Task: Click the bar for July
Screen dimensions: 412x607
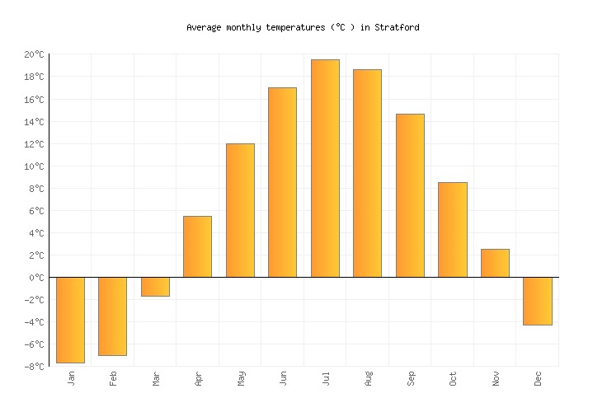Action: (325, 168)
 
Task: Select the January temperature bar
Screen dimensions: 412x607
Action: (70, 320)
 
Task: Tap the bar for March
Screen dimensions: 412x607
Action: (155, 287)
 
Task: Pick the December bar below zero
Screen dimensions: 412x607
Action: (538, 301)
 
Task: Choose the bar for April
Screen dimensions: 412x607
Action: (197, 246)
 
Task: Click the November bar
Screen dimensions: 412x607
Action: (495, 263)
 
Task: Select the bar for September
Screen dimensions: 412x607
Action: (410, 195)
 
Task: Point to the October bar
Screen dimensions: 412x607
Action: (453, 229)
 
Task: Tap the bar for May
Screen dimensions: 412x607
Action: (240, 210)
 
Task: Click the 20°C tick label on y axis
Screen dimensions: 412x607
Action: (34, 54)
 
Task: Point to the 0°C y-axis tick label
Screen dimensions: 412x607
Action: (36, 278)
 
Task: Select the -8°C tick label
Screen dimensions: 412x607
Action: (34, 367)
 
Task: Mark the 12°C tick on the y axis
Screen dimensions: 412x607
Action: (34, 144)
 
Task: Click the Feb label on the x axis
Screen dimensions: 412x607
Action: (113, 378)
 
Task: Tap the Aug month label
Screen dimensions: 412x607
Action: (368, 378)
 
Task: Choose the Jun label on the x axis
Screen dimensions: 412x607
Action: (283, 378)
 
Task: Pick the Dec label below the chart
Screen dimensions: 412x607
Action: (538, 378)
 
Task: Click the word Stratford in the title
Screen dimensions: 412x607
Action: (397, 27)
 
